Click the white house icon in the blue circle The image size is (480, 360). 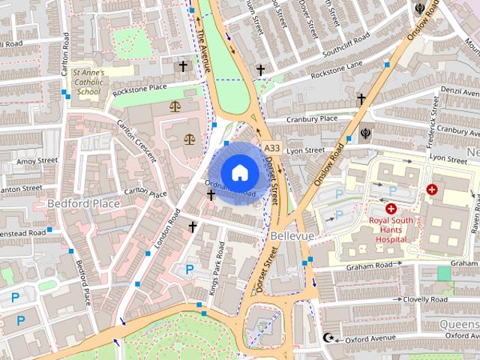click(239, 172)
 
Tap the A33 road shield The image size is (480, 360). click(271, 148)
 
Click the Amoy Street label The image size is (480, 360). click(37, 160)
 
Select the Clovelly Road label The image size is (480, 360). click(424, 299)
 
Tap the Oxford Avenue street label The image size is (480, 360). click(370, 339)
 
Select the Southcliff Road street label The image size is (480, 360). click(345, 45)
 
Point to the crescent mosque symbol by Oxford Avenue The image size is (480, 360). click(326, 338)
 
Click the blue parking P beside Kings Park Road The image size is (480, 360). click(190, 268)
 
